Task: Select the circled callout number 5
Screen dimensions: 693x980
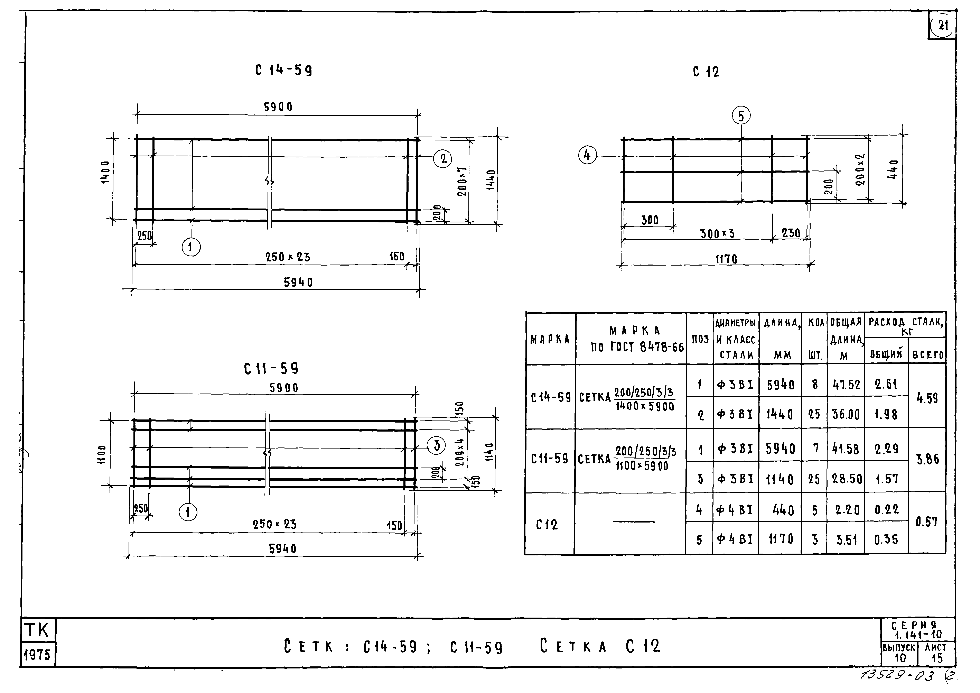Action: coord(741,116)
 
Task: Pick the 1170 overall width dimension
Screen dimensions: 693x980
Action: coord(726,259)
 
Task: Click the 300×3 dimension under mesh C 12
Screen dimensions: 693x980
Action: coord(718,234)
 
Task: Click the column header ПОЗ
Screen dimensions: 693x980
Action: coord(700,340)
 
